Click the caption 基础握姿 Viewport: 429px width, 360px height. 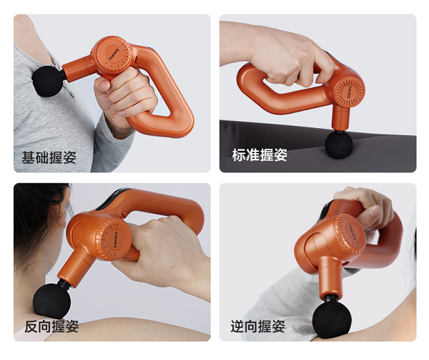coord(49,157)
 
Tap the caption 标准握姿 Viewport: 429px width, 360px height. coord(260,155)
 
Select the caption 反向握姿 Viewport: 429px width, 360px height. coord(51,326)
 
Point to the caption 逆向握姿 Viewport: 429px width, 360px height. coord(257,326)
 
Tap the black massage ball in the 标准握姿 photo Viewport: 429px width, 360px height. coord(339,145)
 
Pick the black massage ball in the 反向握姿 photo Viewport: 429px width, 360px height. coord(51,300)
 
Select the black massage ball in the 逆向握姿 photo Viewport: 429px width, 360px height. coord(332,320)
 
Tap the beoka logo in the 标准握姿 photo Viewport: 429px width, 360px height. coord(350,92)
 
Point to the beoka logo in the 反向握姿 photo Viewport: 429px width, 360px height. coord(115,240)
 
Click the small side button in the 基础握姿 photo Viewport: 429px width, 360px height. coord(137,59)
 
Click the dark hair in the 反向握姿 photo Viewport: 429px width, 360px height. coord(39,219)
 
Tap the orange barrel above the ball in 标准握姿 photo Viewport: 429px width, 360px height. coord(340,117)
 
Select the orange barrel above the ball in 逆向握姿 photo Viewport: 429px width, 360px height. coord(330,278)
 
